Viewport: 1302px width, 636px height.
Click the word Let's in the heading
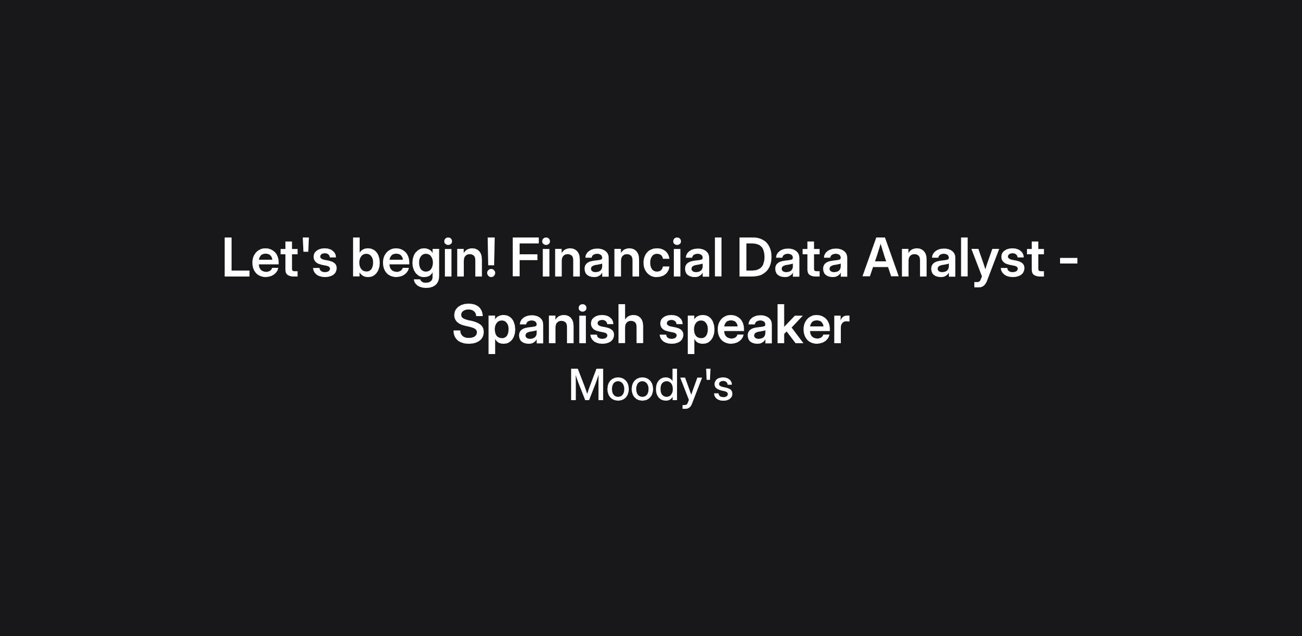coord(280,258)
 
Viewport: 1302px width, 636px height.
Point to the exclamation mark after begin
coord(490,258)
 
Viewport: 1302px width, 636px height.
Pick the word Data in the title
coord(793,258)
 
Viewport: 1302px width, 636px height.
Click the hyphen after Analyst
coord(1068,261)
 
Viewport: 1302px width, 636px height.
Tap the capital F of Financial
coord(526,258)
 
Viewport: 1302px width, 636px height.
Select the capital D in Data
coord(756,258)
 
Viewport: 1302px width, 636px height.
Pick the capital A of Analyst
coord(882,258)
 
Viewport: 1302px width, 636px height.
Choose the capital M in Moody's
coord(586,386)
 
